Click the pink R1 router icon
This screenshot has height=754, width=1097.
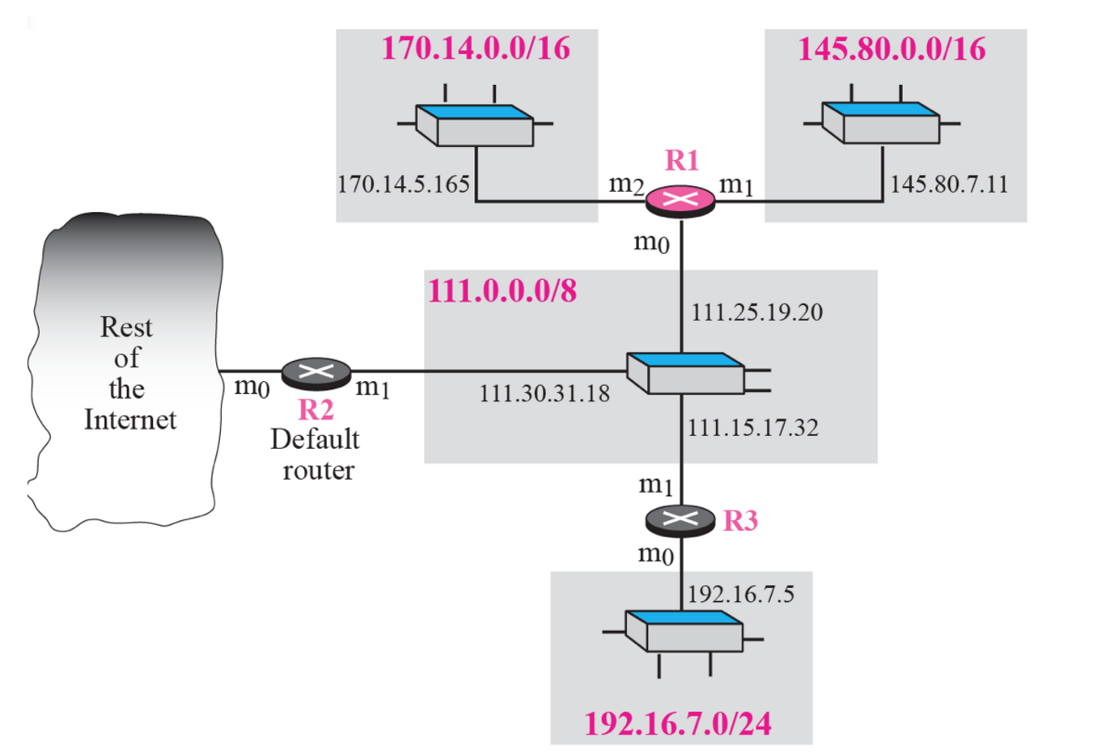(x=680, y=201)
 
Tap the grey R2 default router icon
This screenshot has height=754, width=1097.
(x=316, y=371)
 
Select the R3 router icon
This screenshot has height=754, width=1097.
(x=680, y=519)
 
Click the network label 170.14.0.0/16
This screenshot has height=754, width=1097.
(x=476, y=49)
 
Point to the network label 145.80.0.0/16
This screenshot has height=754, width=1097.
(x=892, y=49)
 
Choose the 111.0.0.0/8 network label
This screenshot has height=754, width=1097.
(x=502, y=290)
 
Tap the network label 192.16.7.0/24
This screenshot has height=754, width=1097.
(x=678, y=723)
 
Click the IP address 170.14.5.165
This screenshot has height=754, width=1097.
(x=403, y=184)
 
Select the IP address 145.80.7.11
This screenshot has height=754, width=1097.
(x=949, y=184)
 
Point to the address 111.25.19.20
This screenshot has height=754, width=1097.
(x=756, y=312)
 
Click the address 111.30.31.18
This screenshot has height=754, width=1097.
(x=544, y=394)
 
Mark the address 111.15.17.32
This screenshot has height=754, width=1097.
(x=752, y=427)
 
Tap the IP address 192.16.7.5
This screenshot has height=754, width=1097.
(x=740, y=595)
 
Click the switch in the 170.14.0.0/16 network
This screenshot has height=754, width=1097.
(x=475, y=125)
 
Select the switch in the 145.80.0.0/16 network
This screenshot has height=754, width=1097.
(x=881, y=123)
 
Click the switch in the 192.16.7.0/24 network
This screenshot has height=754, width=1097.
(x=684, y=631)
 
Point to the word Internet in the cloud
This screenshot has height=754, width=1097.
(x=129, y=420)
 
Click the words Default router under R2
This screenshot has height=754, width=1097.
(x=316, y=455)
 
